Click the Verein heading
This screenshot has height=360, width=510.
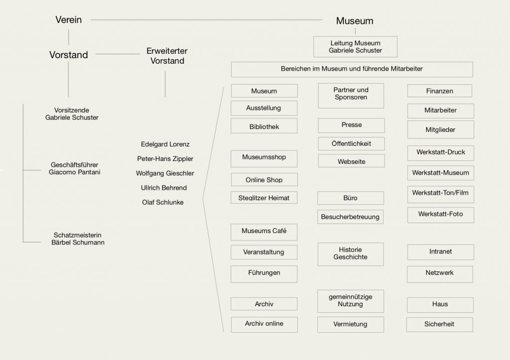coord(69,20)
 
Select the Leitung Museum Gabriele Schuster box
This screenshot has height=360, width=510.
coord(355,47)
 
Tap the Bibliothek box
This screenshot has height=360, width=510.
coord(264,126)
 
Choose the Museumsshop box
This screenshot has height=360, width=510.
coord(264,158)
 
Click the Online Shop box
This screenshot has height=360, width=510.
coord(264,180)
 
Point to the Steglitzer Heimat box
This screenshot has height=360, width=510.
coord(264,198)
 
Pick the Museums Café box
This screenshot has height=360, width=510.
coord(264,231)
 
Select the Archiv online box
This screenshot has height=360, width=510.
coord(264,324)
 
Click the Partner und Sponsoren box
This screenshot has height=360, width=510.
coord(351,94)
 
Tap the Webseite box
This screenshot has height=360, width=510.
coord(351,161)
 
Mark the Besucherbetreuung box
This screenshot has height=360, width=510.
coord(350,217)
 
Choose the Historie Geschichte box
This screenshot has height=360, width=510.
coord(351,253)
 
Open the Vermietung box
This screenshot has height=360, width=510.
coord(351,324)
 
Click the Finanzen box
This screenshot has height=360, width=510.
coord(440,91)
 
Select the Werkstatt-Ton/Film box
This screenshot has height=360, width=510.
coord(440,193)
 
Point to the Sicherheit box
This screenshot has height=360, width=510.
coord(439,324)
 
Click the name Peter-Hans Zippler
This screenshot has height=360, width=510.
coord(165,159)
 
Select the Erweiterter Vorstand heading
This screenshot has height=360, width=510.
coord(167,56)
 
